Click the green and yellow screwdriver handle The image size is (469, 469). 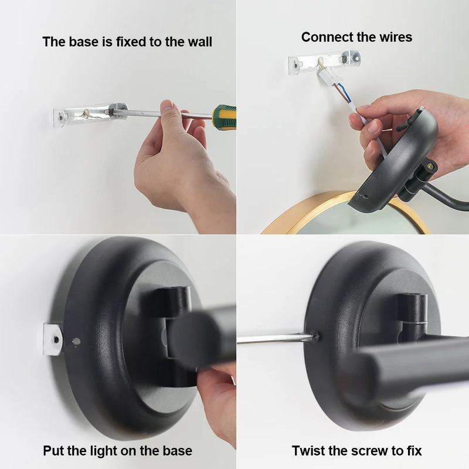[225, 117]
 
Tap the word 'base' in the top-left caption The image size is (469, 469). [80, 42]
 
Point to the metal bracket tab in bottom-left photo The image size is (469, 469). [52, 338]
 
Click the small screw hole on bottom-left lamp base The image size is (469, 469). [76, 342]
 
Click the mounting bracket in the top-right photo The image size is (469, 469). [324, 61]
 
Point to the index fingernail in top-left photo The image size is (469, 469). [167, 106]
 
